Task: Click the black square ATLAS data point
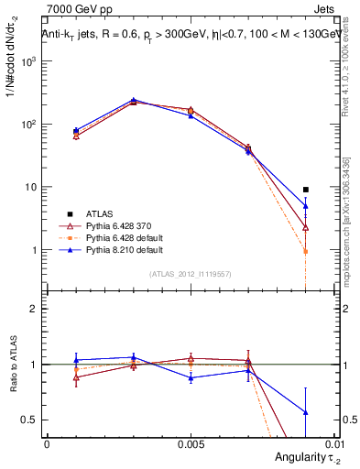(x=305, y=190)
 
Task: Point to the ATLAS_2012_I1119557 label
(x=190, y=274)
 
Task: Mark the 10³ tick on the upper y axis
(x=28, y=60)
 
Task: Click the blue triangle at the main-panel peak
(x=133, y=100)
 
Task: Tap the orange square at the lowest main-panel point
(x=305, y=251)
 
